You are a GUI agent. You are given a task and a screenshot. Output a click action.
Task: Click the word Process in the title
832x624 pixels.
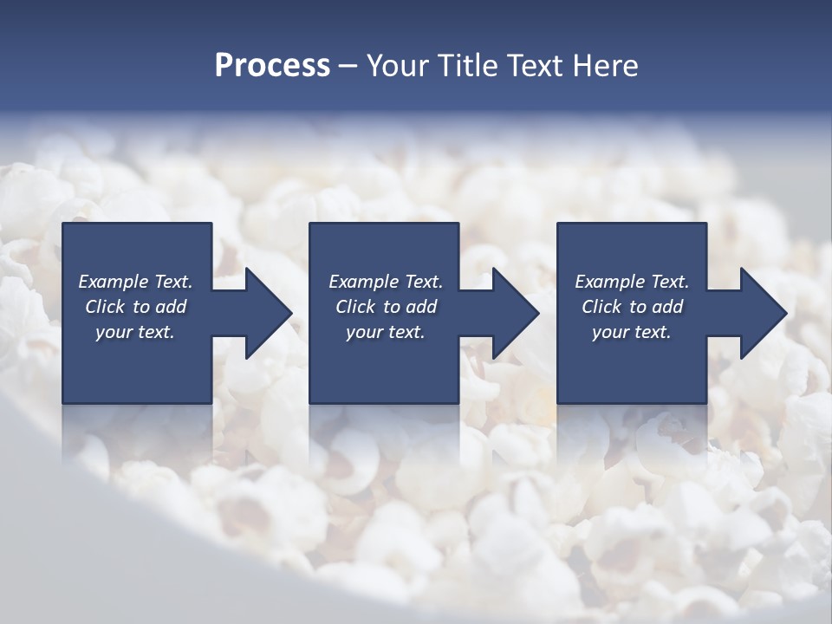tap(272, 66)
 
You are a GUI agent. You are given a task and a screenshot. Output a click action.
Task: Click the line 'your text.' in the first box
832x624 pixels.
tap(135, 332)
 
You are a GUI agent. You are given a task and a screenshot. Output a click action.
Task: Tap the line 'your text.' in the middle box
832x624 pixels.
tap(385, 332)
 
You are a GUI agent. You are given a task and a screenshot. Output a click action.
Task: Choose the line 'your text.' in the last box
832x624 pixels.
tap(632, 332)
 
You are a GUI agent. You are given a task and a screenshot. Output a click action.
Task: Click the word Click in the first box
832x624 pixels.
tap(105, 307)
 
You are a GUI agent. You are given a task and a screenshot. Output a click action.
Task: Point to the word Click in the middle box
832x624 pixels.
tap(355, 307)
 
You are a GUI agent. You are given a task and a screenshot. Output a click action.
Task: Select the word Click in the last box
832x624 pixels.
tap(601, 307)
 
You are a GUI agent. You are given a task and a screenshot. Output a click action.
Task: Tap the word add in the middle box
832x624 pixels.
tap(420, 307)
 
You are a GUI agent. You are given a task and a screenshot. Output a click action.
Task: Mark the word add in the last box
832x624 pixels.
tap(667, 307)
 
